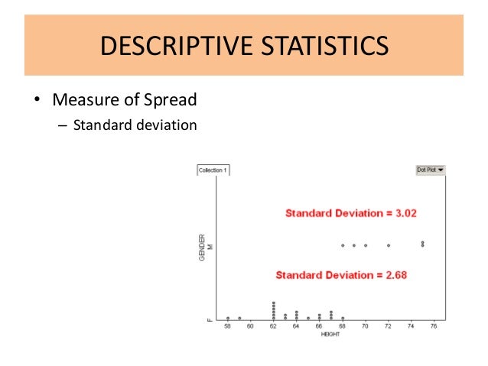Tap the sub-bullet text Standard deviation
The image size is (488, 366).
click(x=135, y=125)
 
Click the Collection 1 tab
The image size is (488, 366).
click(x=213, y=170)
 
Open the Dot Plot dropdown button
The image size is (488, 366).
click(x=431, y=170)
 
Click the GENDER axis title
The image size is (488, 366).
click(x=202, y=246)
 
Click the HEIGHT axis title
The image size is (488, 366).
click(x=330, y=334)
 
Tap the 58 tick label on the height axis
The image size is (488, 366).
click(x=228, y=326)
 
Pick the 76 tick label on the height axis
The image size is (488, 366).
click(x=434, y=326)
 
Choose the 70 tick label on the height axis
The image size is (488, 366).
click(x=366, y=326)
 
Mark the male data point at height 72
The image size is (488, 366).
click(x=389, y=245)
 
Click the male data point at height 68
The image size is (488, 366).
click(x=343, y=245)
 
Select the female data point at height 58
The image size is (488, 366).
click(x=228, y=318)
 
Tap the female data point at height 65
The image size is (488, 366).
click(x=308, y=318)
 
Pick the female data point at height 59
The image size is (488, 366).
click(x=239, y=318)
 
